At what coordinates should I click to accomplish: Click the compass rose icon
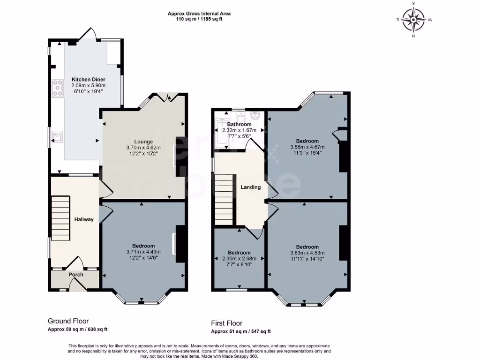pyautogui.click(x=414, y=19)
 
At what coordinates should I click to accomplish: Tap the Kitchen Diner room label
pyautogui.click(x=88, y=80)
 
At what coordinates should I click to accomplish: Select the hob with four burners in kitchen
pyautogui.click(x=58, y=89)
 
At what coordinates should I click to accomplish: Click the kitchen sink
pyautogui.click(x=58, y=137)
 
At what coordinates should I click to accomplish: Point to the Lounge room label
pyautogui.click(x=143, y=142)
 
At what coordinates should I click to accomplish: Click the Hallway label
pyautogui.click(x=84, y=219)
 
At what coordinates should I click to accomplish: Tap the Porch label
pyautogui.click(x=76, y=275)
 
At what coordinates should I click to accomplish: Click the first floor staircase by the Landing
pyautogui.click(x=224, y=199)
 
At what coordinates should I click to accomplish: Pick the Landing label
pyautogui.click(x=250, y=187)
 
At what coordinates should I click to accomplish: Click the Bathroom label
pyautogui.click(x=240, y=124)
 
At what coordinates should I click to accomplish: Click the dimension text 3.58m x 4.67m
pyautogui.click(x=307, y=147)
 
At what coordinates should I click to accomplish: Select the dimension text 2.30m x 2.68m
pyautogui.click(x=240, y=259)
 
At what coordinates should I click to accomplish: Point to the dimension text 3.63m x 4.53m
pyautogui.click(x=307, y=253)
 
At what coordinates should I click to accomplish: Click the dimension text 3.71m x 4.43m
pyautogui.click(x=143, y=252)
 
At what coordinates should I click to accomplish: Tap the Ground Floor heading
pyautogui.click(x=68, y=321)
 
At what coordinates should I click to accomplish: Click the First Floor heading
pyautogui.click(x=226, y=323)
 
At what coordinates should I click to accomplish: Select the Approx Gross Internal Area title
pyautogui.click(x=199, y=14)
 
